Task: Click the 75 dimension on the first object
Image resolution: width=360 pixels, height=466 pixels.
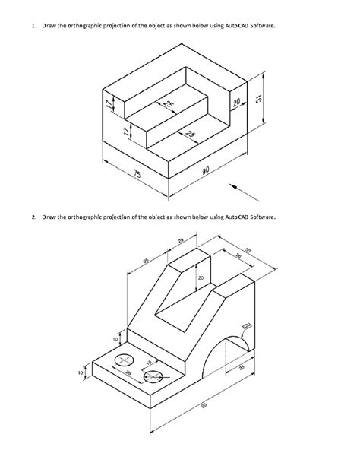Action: click(137, 175)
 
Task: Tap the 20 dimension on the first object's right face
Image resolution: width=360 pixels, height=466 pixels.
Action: click(237, 103)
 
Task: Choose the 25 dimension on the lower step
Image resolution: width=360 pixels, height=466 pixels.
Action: click(189, 135)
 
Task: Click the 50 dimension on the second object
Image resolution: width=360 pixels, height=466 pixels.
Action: click(248, 253)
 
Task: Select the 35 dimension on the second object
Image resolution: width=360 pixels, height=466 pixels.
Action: click(146, 261)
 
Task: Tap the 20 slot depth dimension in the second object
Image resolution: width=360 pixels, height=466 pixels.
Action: click(201, 279)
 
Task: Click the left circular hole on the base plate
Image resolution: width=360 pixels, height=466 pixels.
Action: click(123, 360)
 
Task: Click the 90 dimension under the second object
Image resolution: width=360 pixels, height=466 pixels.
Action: click(204, 407)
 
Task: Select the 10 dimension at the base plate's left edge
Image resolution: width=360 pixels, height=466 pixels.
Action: click(80, 372)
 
